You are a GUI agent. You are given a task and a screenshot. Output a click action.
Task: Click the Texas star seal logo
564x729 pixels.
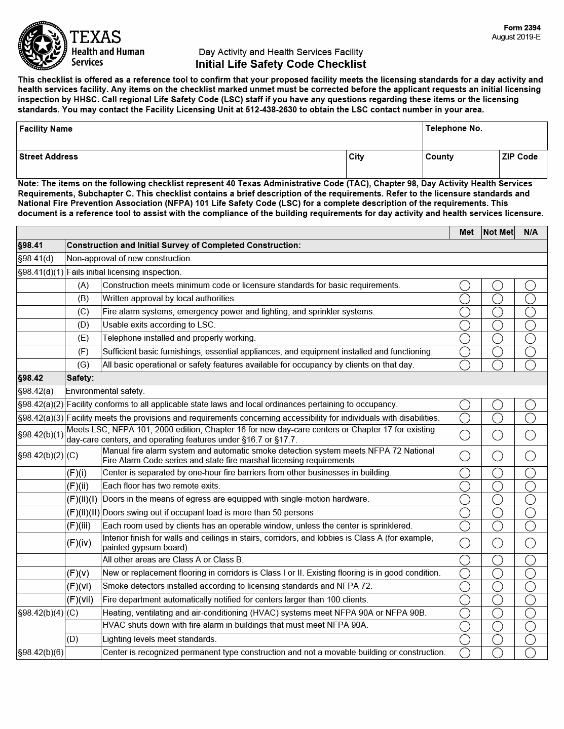[43, 46]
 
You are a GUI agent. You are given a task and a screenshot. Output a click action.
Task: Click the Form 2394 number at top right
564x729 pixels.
[522, 28]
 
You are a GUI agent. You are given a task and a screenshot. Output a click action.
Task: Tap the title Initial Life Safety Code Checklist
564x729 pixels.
[281, 64]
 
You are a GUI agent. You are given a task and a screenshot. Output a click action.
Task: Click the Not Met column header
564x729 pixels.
[498, 232]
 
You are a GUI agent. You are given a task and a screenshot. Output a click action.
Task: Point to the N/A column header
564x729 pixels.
[531, 232]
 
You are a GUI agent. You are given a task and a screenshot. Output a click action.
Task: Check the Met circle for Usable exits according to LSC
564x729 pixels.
[465, 325]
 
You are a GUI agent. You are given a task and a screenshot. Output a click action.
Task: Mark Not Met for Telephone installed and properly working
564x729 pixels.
[498, 338]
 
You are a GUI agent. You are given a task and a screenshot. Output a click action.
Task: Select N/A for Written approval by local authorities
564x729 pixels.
[531, 299]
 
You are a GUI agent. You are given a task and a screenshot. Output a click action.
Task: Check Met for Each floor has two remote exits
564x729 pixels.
[465, 486]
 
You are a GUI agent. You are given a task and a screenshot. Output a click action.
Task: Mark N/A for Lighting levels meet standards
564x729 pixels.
[531, 639]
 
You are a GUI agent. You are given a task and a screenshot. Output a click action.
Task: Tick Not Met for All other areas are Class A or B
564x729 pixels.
[498, 560]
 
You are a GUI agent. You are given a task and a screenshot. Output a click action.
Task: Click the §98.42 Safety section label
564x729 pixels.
[30, 378]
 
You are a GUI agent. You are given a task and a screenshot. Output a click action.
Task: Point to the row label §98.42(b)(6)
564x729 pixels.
[41, 653]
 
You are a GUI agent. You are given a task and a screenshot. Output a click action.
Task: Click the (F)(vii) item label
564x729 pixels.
[80, 600]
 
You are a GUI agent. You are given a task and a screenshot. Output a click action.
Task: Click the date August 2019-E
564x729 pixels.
[516, 37]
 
